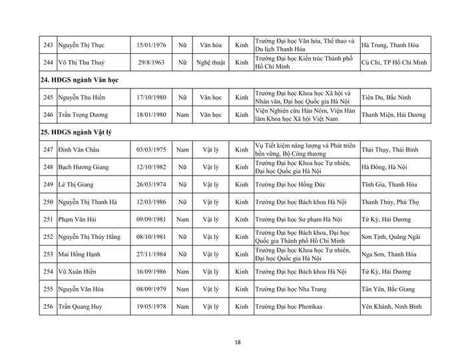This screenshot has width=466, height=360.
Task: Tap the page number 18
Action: pos(237,343)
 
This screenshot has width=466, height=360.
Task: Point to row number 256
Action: pos(46,308)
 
